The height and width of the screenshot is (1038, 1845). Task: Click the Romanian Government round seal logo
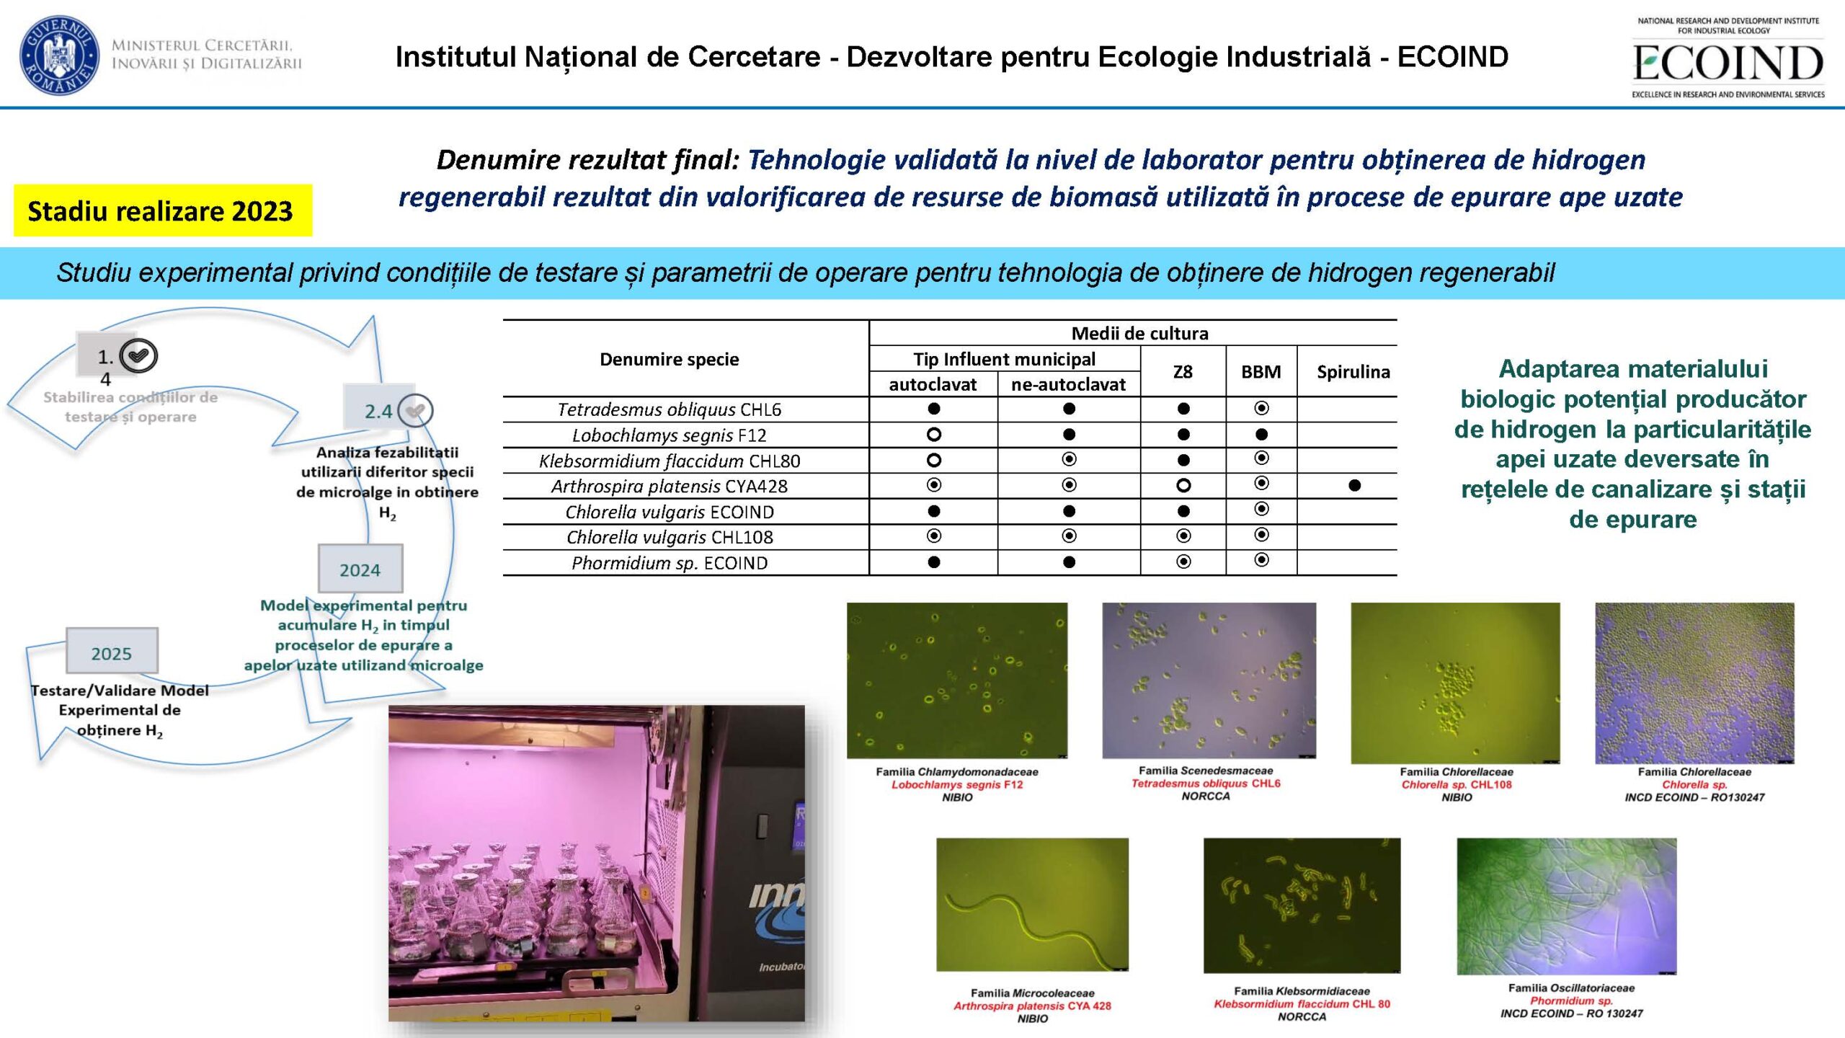tap(59, 55)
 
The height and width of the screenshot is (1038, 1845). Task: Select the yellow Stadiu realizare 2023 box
tap(163, 210)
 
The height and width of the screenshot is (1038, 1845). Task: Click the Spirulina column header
tap(1353, 372)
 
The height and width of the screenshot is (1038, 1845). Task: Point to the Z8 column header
tap(1183, 372)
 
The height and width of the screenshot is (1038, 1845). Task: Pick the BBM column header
tap(1261, 372)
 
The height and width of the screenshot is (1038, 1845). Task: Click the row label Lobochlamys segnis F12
tap(670, 435)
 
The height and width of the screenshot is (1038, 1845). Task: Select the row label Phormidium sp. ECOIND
tap(670, 563)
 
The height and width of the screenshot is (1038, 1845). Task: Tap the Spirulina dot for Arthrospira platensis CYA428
tap(1354, 486)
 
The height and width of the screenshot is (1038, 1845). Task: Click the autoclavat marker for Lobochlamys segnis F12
tap(933, 435)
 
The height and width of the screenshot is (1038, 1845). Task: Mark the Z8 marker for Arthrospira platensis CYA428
tap(1183, 486)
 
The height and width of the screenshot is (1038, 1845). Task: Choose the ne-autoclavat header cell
tap(1068, 385)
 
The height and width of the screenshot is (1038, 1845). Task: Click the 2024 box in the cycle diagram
tap(360, 569)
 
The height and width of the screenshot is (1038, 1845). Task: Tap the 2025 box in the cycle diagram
tap(112, 652)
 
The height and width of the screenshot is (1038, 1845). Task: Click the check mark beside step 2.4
tap(415, 411)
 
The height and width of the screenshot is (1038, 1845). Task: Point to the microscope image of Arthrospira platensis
tap(1032, 905)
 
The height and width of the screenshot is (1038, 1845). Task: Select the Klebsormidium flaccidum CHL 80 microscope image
tap(1302, 905)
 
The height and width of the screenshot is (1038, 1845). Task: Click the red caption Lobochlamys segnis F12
tap(957, 785)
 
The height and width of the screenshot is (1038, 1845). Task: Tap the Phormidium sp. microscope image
tap(1567, 906)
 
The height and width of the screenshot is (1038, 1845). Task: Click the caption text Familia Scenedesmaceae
tap(1206, 771)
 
